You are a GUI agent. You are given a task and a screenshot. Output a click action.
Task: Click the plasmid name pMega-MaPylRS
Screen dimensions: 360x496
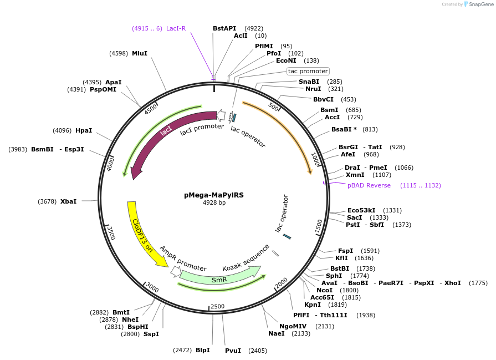click(214, 195)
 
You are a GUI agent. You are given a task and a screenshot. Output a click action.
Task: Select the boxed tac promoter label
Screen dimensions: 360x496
click(308, 71)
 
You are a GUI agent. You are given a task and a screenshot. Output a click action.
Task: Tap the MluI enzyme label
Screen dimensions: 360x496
click(139, 53)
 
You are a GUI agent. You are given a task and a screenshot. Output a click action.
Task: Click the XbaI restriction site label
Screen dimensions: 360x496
click(68, 201)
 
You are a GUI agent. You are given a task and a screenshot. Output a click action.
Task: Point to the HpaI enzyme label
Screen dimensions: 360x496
click(84, 130)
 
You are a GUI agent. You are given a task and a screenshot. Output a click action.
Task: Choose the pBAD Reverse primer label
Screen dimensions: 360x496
click(369, 185)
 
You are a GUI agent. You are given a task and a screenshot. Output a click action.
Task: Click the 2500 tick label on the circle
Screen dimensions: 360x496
click(217, 306)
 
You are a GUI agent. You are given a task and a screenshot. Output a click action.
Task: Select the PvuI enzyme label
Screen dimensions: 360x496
click(233, 351)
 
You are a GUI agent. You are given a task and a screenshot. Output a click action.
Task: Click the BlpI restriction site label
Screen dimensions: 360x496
click(202, 350)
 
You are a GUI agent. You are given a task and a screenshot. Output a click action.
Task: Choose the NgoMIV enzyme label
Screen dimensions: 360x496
click(293, 326)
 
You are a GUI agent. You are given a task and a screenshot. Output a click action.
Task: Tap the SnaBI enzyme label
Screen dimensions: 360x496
click(309, 82)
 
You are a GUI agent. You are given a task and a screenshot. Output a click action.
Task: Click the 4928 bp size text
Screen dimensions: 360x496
click(214, 202)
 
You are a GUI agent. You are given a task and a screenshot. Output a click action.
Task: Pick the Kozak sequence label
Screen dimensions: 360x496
click(246, 257)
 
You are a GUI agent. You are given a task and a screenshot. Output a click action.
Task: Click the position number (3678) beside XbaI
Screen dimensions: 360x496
click(47, 201)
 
